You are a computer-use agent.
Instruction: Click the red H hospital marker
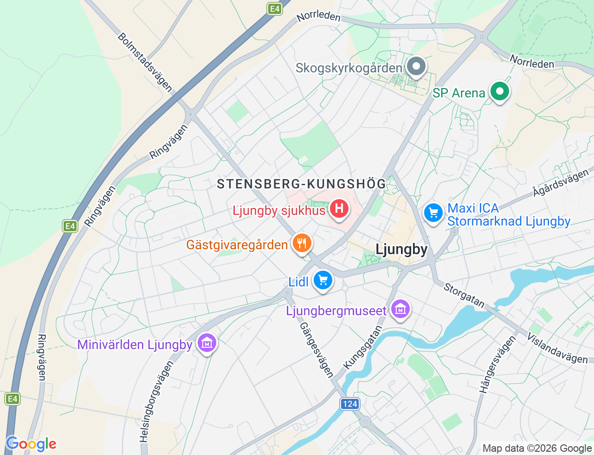coord(339,208)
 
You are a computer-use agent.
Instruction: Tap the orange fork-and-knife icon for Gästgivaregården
coord(302,243)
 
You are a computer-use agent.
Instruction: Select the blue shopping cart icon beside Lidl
coord(323,280)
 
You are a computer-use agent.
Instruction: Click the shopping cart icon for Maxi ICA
coord(433,213)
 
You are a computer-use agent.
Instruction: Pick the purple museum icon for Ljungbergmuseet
coord(400,309)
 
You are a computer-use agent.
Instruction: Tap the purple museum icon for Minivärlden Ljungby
coord(207,343)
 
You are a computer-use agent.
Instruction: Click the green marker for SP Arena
coord(499,91)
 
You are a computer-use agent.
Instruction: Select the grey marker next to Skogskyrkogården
coord(416,66)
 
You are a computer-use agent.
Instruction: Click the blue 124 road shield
coord(350,404)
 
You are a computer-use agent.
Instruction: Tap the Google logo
coord(31,444)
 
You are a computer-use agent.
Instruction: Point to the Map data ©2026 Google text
coord(537,448)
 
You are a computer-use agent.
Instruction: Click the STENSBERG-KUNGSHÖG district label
coord(302,184)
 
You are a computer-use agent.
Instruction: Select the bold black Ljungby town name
coord(401,249)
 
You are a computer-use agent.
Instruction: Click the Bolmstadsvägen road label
coord(145,62)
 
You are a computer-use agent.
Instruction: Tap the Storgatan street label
coord(464,295)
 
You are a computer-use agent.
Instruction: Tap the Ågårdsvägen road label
coord(561,183)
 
